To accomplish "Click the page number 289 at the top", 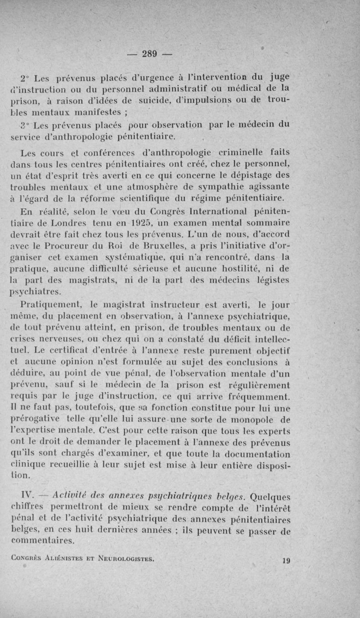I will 149,54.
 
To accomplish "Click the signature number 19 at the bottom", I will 285,561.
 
